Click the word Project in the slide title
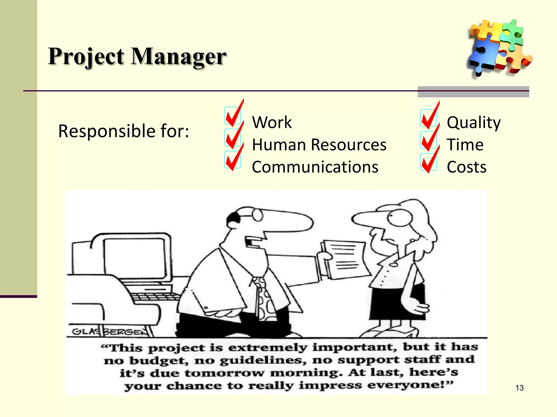click(x=86, y=56)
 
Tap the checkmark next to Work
click(x=233, y=116)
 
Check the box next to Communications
click(x=233, y=160)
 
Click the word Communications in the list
click(x=315, y=167)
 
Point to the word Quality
click(x=474, y=122)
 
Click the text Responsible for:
click(x=123, y=131)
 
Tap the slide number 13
click(x=519, y=388)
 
